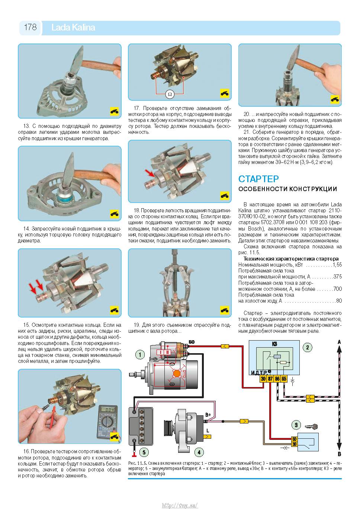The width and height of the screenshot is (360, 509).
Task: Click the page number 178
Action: coord(30,27)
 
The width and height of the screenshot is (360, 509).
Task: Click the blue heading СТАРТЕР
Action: coord(258,179)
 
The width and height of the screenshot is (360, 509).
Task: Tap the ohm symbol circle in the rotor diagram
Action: coord(170,94)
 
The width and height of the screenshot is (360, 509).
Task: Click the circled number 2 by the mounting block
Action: coord(308,347)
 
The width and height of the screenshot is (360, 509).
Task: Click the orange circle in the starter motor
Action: coord(177,373)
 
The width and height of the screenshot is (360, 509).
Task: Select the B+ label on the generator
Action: coord(208,415)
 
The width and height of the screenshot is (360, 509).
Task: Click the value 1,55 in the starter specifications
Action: coord(337,265)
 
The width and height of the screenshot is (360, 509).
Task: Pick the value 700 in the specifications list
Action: coord(338,289)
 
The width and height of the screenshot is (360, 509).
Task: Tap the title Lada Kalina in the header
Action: coord(73,28)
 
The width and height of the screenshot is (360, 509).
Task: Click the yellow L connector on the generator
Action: coord(207,436)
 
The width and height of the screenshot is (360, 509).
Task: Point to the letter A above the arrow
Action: coord(339,342)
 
